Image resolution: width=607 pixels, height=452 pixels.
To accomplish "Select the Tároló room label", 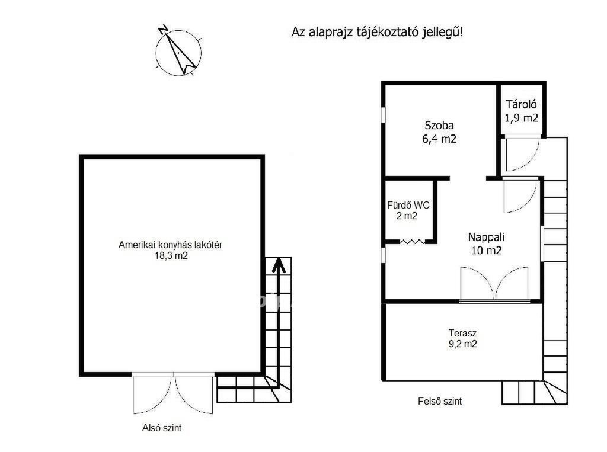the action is click(x=521, y=104).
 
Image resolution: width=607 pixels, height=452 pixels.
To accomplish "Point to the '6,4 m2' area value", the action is click(x=439, y=139).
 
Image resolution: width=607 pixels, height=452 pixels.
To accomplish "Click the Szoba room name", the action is click(x=439, y=126).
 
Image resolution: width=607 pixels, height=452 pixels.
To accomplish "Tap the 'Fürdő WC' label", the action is click(x=408, y=205).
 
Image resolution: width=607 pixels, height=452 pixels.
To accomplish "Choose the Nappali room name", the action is click(x=486, y=237).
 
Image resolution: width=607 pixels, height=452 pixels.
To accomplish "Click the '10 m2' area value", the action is click(x=486, y=251).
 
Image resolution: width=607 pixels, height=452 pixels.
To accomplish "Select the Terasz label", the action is click(x=462, y=333).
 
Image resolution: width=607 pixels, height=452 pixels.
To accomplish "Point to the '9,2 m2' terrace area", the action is click(x=462, y=344).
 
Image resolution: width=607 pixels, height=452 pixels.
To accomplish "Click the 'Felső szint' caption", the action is click(x=440, y=401).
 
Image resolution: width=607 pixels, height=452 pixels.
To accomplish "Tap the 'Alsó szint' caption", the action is click(x=162, y=428).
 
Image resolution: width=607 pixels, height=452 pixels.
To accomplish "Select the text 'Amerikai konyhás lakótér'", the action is click(x=170, y=245).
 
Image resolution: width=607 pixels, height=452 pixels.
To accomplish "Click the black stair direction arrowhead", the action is click(x=278, y=265).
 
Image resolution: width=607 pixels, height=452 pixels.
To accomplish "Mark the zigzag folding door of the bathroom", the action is click(x=413, y=242).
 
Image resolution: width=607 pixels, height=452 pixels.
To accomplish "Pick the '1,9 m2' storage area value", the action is click(x=522, y=118).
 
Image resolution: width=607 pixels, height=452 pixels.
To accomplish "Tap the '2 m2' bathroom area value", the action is click(x=407, y=216).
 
